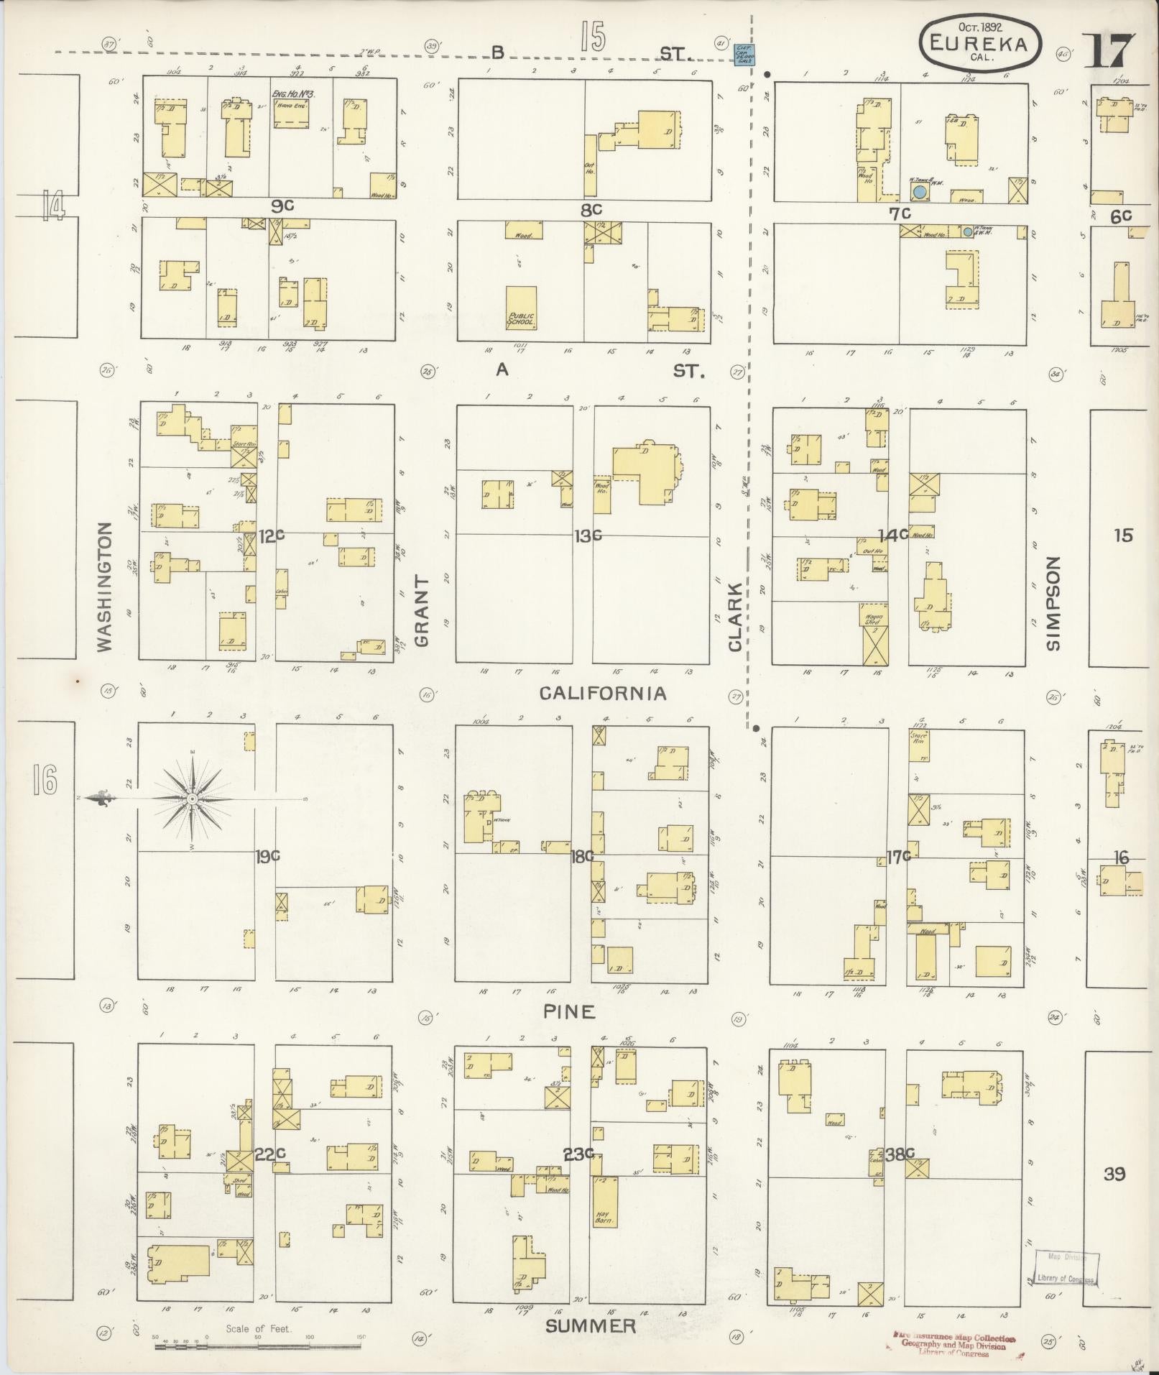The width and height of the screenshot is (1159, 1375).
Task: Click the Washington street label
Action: coord(105,587)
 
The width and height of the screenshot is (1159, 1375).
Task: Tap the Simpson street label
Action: coord(1053,604)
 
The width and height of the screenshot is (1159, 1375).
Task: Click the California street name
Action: coord(603,693)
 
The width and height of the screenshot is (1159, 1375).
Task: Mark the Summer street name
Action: coord(591,1326)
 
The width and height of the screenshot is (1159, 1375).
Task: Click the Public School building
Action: coord(521,308)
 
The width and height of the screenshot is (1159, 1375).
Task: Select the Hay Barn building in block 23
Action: coord(602,1201)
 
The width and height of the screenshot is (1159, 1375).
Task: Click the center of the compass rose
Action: coord(192,799)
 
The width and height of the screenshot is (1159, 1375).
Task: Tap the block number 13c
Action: coord(587,535)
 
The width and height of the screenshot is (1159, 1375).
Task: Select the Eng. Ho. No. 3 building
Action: coord(292,109)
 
